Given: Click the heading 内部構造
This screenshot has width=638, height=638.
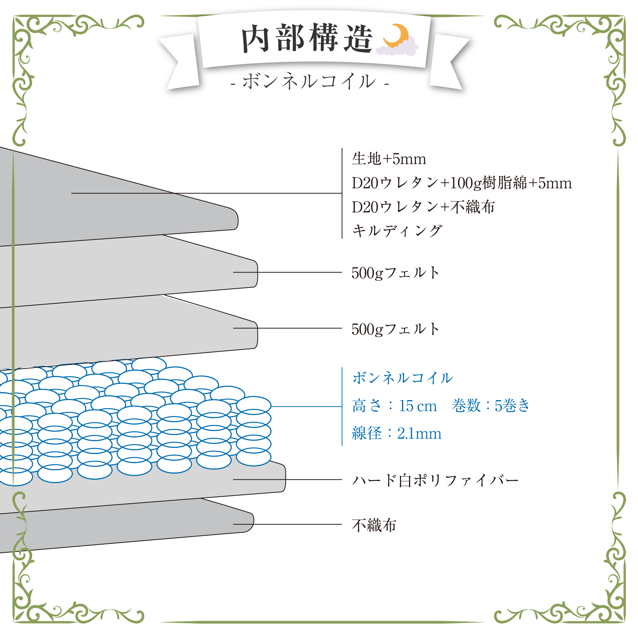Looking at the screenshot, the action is [307, 39].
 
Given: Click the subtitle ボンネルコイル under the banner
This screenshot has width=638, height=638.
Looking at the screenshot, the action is [310, 81].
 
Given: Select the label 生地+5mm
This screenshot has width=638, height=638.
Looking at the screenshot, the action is [389, 159].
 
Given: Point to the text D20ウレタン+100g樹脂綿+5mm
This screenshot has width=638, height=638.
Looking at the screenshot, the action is [462, 183].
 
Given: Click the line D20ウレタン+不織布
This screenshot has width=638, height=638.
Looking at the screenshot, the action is [423, 207].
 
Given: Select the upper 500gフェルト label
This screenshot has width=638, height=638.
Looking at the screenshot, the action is [396, 273].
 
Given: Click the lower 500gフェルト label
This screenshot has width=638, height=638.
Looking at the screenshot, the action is [396, 329].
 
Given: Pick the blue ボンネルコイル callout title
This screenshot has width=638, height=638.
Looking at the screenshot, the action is [403, 377].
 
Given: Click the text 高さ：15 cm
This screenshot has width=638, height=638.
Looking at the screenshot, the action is [395, 406].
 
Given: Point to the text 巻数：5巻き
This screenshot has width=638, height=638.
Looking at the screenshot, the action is [491, 406].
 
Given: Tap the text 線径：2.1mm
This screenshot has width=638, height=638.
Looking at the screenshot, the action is [396, 433].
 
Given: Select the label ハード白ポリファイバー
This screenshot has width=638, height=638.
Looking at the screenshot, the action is [435, 480].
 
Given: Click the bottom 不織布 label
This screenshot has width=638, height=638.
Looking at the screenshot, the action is [374, 525].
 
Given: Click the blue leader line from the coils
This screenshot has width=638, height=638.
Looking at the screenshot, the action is [306, 407].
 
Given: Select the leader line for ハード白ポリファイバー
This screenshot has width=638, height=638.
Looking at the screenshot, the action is [287, 479].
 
